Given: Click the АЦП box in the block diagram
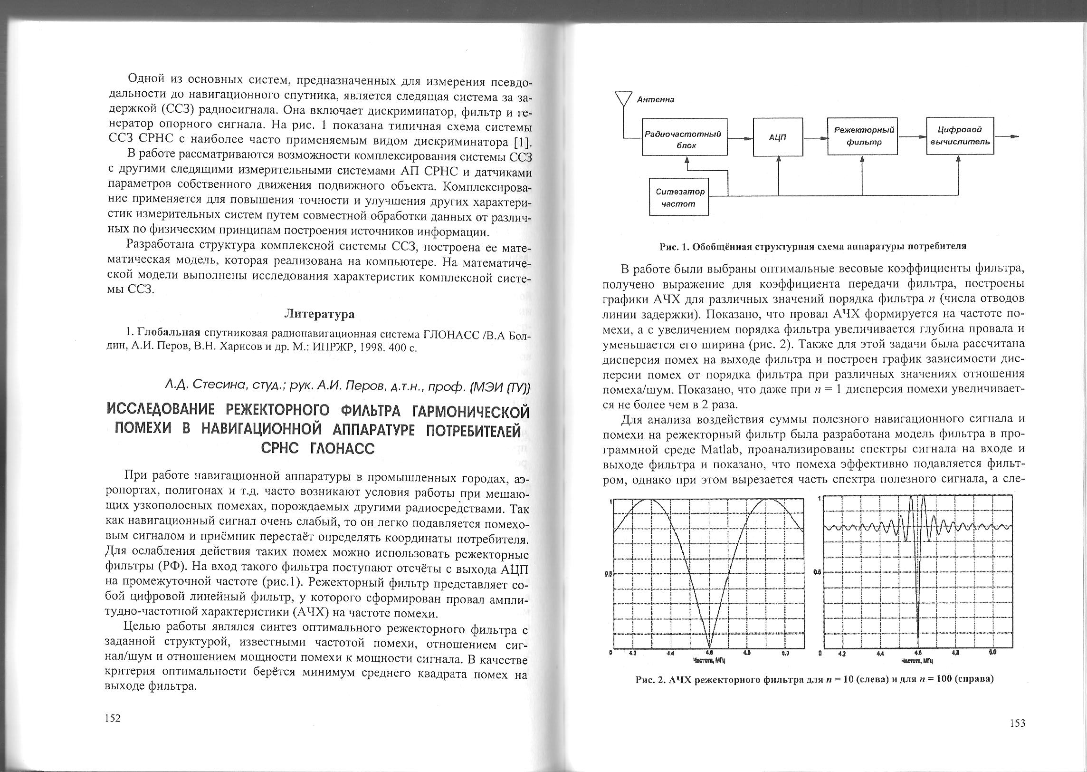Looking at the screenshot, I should (x=778, y=137).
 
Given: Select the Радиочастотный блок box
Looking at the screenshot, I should (x=685, y=137).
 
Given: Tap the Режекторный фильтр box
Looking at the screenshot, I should (x=862, y=135).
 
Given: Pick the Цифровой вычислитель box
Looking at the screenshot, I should (x=960, y=135).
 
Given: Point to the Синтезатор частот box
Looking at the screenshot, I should (x=679, y=197).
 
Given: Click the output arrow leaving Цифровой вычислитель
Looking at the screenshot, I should (x=1008, y=136).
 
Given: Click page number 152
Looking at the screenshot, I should (x=113, y=718).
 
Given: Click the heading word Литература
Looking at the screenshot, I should (x=319, y=314).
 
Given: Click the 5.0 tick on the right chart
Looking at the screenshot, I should (x=992, y=653).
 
